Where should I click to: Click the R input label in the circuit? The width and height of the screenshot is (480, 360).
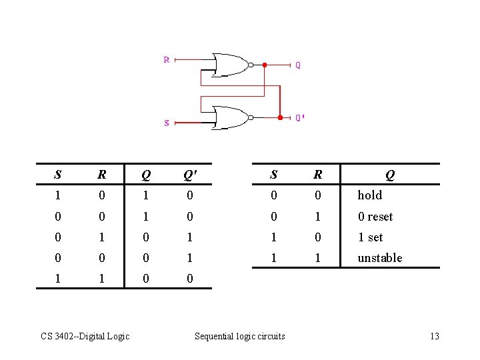pos(167,59)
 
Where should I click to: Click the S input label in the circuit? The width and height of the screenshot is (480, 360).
pos(167,122)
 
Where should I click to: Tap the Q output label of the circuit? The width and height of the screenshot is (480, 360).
pos(298,65)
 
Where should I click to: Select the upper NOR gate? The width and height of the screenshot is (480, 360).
pos(229,65)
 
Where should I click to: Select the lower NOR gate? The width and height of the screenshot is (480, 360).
pos(229,117)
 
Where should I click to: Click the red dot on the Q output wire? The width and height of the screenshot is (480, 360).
pos(264,65)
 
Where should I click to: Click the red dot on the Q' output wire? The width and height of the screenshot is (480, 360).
pos(280,117)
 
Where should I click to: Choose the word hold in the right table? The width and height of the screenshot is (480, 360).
pos(370,195)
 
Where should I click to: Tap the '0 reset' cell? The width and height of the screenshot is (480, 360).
pos(375,217)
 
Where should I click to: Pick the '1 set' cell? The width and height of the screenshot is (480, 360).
pos(371,237)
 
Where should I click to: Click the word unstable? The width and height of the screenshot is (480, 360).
pos(380,258)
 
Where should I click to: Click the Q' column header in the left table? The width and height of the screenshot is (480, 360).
pos(190,175)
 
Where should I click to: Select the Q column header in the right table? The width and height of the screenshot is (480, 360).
pos(390,175)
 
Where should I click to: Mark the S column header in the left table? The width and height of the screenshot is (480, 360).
pos(58,175)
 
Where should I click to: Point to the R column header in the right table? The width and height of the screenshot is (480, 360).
pos(318,175)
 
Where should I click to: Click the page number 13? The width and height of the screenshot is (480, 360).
pos(434,336)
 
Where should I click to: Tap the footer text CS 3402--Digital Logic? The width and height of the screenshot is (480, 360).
pos(85,336)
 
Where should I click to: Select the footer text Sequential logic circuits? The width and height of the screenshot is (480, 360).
pos(239,336)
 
